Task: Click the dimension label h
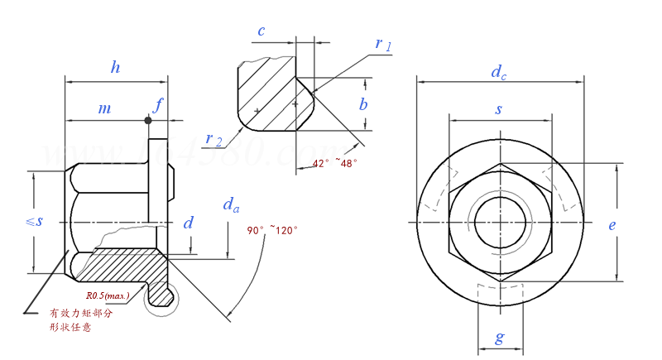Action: click(116, 68)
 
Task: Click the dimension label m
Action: click(104, 108)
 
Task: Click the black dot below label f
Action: click(148, 121)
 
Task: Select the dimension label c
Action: click(261, 31)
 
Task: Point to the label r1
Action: click(383, 44)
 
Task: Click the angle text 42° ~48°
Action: click(334, 163)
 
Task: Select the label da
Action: click(232, 204)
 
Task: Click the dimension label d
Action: click(189, 222)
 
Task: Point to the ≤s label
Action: click(34, 221)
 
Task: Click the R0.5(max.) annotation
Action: click(108, 294)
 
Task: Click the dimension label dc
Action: click(498, 73)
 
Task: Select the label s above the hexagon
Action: click(498, 108)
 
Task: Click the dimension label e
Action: click(612, 224)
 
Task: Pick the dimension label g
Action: click(498, 337)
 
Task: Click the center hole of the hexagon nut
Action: click(499, 223)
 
